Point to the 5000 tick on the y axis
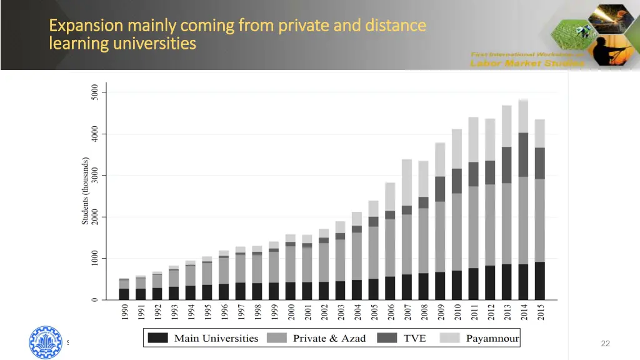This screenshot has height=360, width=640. [x=94, y=92]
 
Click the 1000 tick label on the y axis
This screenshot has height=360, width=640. [x=94, y=258]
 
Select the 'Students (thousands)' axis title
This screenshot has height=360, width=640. [x=86, y=191]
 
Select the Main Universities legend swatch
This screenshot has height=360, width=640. [x=158, y=338]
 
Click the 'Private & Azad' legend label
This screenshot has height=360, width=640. [x=329, y=338]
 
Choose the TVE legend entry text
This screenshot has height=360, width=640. [x=414, y=338]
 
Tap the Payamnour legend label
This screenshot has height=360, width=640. [x=492, y=338]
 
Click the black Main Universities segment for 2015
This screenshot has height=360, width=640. [x=540, y=281]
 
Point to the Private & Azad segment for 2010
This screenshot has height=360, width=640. [x=457, y=231]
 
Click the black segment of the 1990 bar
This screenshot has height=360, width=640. [x=124, y=294]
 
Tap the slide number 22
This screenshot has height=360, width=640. [x=604, y=343]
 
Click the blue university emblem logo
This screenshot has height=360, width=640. [x=46, y=342]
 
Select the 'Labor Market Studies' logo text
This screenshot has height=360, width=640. [x=527, y=63]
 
